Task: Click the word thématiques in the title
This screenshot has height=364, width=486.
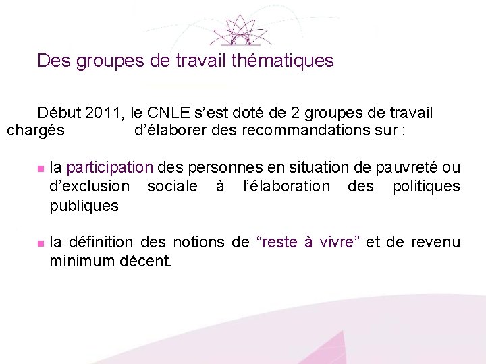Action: coord(282,61)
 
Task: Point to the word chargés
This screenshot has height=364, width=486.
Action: coord(36,130)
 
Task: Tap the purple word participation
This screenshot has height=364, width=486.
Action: coord(111,167)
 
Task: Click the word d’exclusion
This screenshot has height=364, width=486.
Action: coord(89,186)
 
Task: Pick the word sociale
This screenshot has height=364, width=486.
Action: coord(173,186)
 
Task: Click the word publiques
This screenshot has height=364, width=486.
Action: coord(84,206)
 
